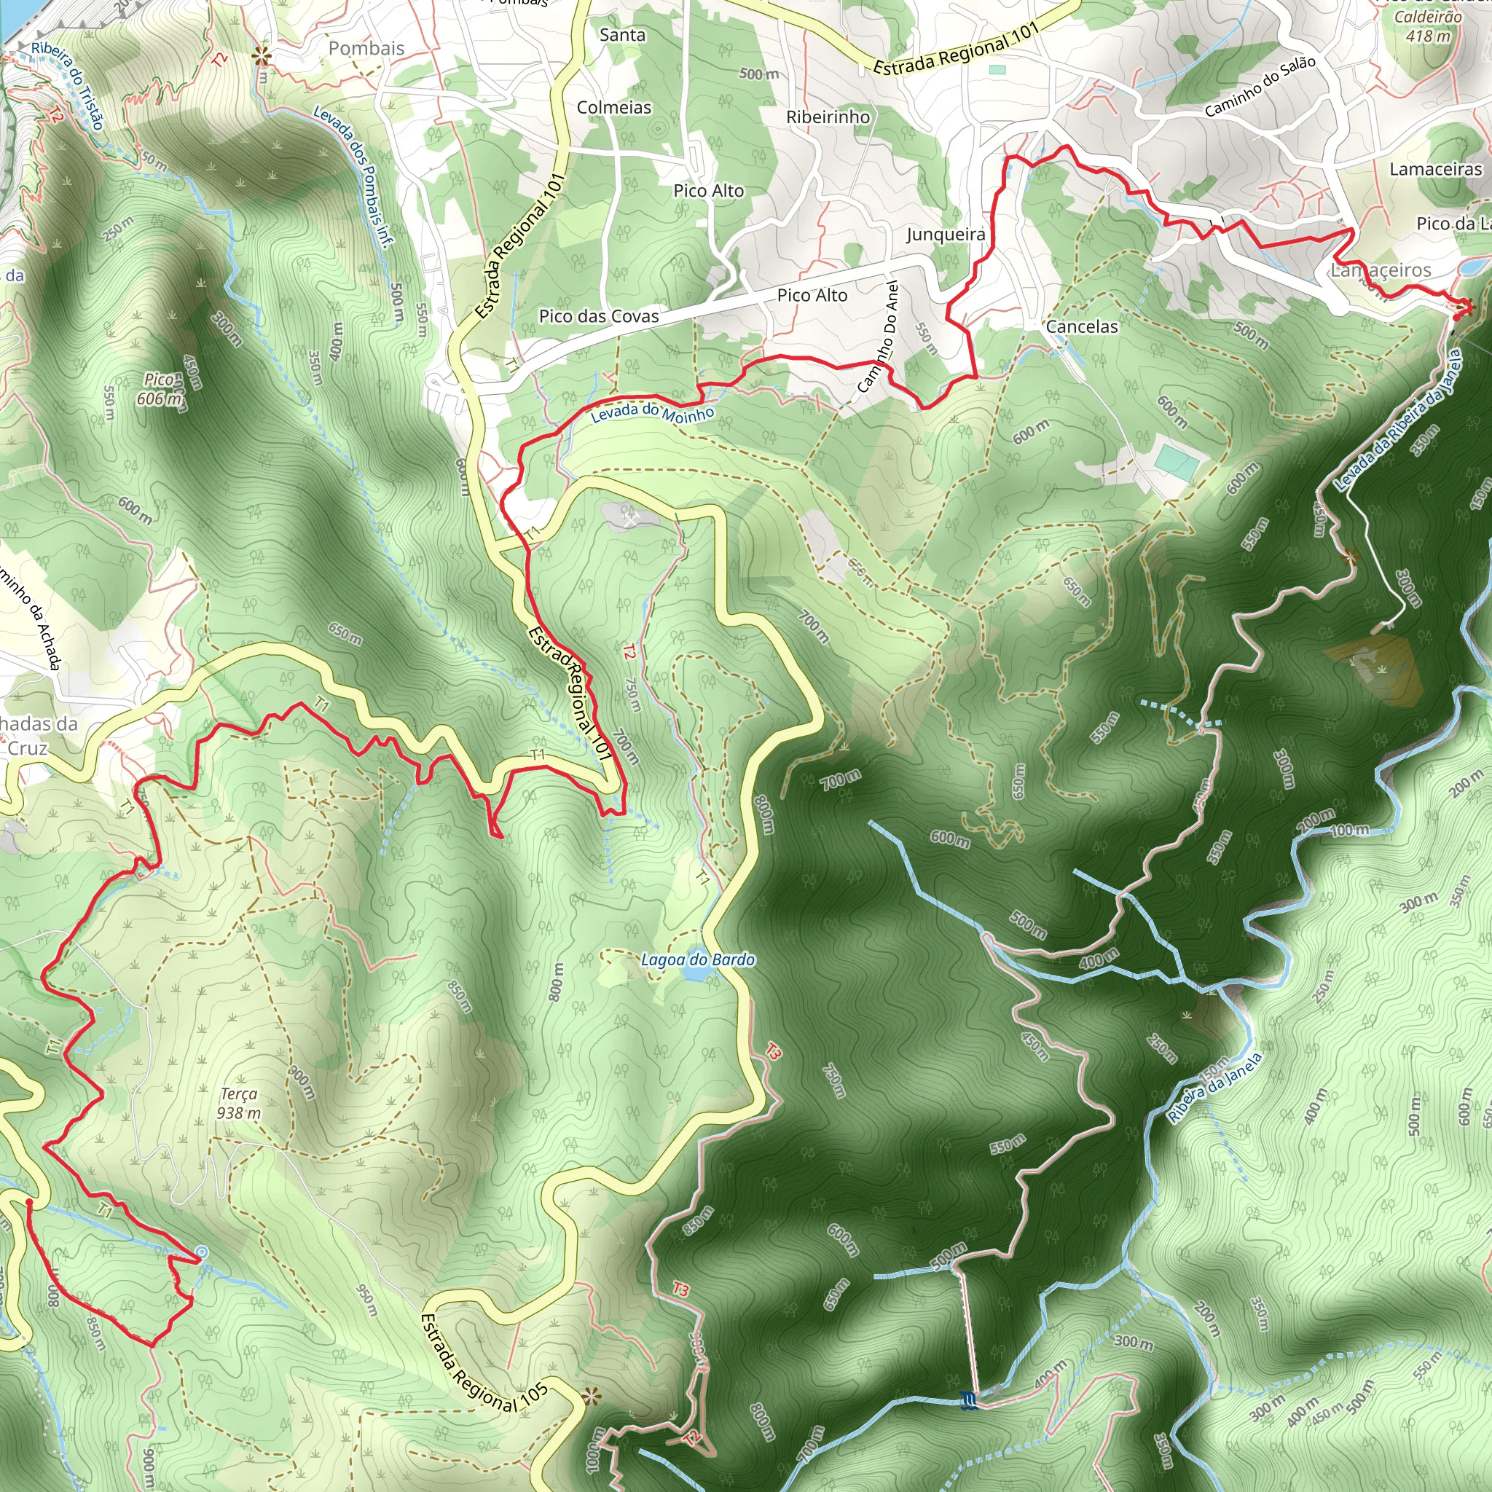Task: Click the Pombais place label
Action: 366,48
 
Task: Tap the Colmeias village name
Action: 614,107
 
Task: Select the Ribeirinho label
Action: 828,117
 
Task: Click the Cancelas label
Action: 1081,326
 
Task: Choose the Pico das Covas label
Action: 599,316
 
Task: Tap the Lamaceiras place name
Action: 1435,169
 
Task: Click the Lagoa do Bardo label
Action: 697,959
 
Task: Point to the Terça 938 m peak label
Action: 239,1103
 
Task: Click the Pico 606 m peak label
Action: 160,389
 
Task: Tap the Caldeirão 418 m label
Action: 1427,26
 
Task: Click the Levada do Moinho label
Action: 652,412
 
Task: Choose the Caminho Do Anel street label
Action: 882,337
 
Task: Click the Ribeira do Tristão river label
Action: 67,85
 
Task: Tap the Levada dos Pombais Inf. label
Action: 353,176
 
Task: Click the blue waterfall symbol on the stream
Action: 968,1399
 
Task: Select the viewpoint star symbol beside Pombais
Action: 262,55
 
